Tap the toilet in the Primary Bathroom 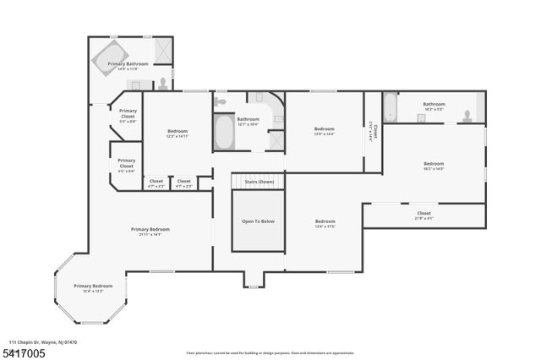click(163, 84)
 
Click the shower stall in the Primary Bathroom click(163, 48)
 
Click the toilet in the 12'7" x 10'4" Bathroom click(221, 101)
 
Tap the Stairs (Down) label click(259, 182)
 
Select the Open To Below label click(258, 221)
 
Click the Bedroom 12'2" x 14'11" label click(178, 133)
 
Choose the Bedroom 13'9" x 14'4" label click(325, 130)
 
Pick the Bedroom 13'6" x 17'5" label click(325, 223)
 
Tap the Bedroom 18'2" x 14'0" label click(434, 166)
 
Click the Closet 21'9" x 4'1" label click(424, 215)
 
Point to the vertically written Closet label click(374, 131)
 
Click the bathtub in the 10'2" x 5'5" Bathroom click(390, 108)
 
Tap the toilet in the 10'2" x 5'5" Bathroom click(465, 115)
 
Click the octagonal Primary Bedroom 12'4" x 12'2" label click(89, 288)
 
